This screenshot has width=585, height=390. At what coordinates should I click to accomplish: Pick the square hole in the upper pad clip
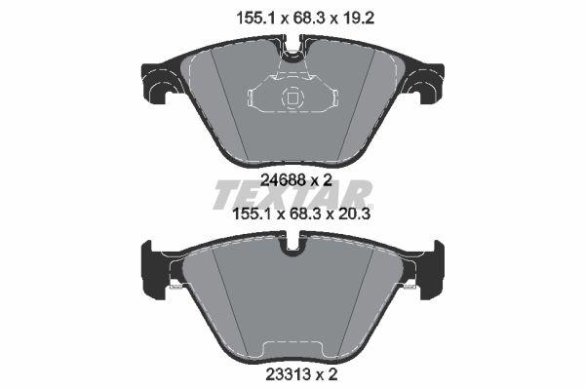pyautogui.click(x=290, y=97)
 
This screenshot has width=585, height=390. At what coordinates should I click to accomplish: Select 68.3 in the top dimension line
pyautogui.click(x=292, y=17)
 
